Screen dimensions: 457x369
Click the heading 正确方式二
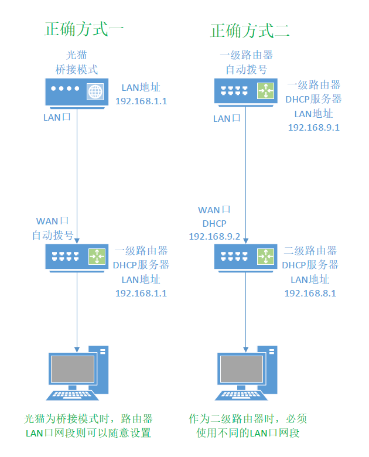tap(250, 29)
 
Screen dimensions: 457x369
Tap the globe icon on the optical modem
tap(94, 91)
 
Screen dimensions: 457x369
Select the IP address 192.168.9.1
tap(314, 127)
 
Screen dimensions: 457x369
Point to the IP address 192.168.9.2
tap(214, 236)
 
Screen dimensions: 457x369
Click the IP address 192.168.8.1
tap(310, 293)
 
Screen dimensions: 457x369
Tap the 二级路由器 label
tap(310, 251)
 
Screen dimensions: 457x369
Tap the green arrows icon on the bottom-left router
tap(97, 256)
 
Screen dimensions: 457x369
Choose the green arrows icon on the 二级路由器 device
tap(265, 256)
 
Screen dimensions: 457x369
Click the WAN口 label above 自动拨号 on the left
tap(53, 221)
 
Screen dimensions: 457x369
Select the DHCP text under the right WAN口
tap(214, 223)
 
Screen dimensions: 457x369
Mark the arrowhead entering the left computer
tap(77, 348)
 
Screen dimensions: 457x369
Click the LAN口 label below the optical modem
tap(57, 117)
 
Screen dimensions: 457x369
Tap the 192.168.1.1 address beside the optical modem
tap(141, 101)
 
